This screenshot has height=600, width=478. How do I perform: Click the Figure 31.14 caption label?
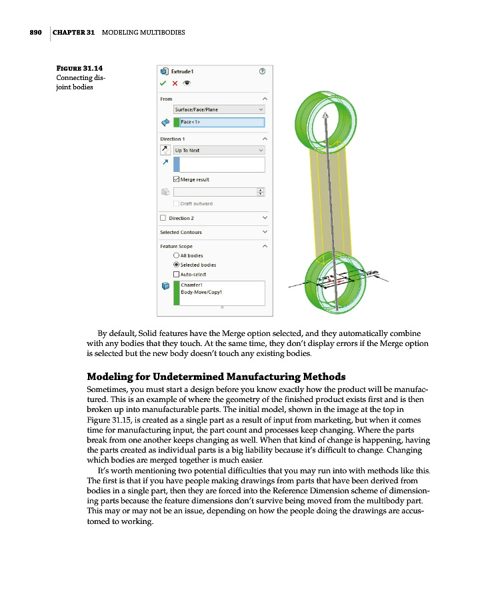(x=79, y=68)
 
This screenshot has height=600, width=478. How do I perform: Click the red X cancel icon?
(x=175, y=83)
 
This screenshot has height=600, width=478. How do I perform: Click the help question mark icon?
(x=262, y=71)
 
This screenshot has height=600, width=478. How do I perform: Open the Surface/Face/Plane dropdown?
(x=219, y=109)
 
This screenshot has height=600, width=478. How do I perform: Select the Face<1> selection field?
(x=222, y=122)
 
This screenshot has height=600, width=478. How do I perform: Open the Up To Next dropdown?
(x=219, y=150)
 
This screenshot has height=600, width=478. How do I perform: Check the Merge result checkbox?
(x=176, y=179)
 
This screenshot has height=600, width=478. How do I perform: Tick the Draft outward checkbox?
(x=176, y=203)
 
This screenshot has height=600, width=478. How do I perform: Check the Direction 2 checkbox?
(x=163, y=218)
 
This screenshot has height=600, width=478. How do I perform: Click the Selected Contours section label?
(x=181, y=232)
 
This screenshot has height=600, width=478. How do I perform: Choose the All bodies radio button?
(x=176, y=255)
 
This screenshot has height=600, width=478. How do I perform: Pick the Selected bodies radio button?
(x=176, y=265)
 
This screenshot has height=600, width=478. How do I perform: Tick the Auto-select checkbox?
(x=176, y=274)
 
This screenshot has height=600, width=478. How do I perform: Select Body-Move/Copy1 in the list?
(x=201, y=293)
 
